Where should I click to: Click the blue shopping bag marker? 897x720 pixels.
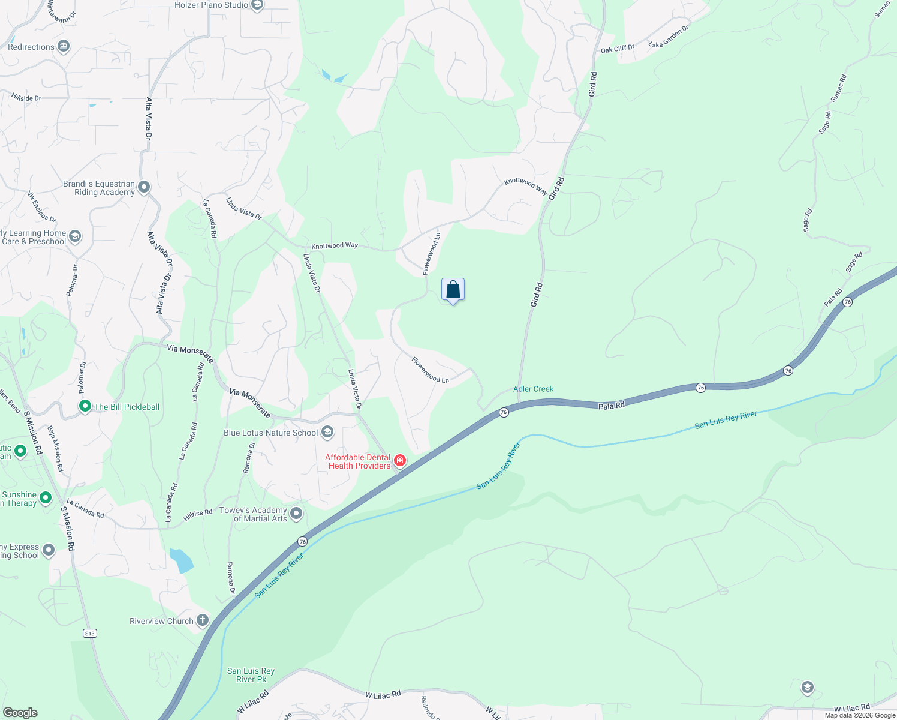(453, 290)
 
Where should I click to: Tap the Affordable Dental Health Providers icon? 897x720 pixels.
(400, 461)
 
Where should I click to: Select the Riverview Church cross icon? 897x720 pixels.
(203, 620)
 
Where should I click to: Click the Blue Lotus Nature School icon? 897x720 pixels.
(327, 432)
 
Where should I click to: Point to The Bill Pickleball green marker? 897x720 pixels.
(85, 406)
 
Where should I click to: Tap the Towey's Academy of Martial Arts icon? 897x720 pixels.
(296, 513)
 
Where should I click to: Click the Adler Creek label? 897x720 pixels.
(533, 389)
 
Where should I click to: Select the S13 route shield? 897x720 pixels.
(89, 633)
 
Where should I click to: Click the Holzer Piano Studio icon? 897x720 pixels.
(257, 5)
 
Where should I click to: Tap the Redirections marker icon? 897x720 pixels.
(64, 46)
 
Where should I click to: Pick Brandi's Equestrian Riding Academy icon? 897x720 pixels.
(144, 187)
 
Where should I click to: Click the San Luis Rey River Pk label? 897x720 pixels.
(251, 675)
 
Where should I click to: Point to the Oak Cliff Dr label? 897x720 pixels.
(617, 49)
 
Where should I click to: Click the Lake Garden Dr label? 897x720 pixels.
(669, 37)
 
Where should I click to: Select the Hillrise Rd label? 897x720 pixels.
(198, 514)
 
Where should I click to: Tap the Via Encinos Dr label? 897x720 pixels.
(42, 206)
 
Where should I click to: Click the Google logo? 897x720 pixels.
(20, 712)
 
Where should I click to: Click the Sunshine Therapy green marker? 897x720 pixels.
(46, 498)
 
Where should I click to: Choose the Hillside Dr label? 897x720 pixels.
(26, 97)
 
